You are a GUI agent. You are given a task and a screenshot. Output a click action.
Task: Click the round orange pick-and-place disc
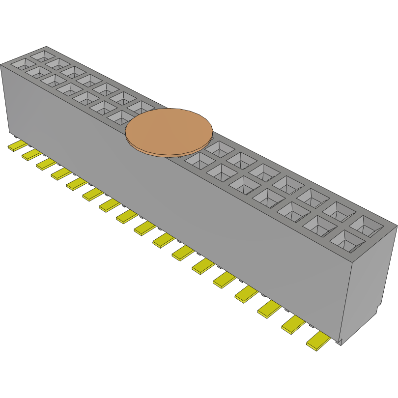[169, 130]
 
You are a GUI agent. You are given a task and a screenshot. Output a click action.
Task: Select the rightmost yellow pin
[318, 340]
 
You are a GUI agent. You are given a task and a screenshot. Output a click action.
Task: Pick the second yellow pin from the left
[31, 154]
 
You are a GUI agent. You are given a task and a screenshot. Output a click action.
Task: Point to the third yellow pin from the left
[46, 164]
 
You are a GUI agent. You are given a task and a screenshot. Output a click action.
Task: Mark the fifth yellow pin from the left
[77, 184]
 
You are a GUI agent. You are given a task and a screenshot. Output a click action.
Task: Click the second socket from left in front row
[36, 72]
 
